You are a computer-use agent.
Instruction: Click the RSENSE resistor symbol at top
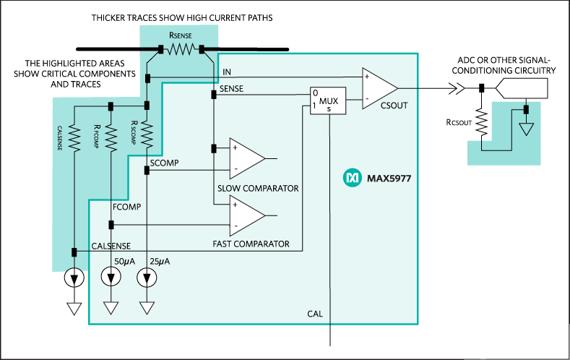coord(181,50)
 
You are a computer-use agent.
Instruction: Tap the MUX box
coord(329,100)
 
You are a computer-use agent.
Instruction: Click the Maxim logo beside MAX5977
coord(352,176)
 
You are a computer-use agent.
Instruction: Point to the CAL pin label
coord(315,314)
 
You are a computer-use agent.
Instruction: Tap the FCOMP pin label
coord(126,206)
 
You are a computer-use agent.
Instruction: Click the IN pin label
coord(227,72)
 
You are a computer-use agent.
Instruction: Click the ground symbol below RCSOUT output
coord(527,130)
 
